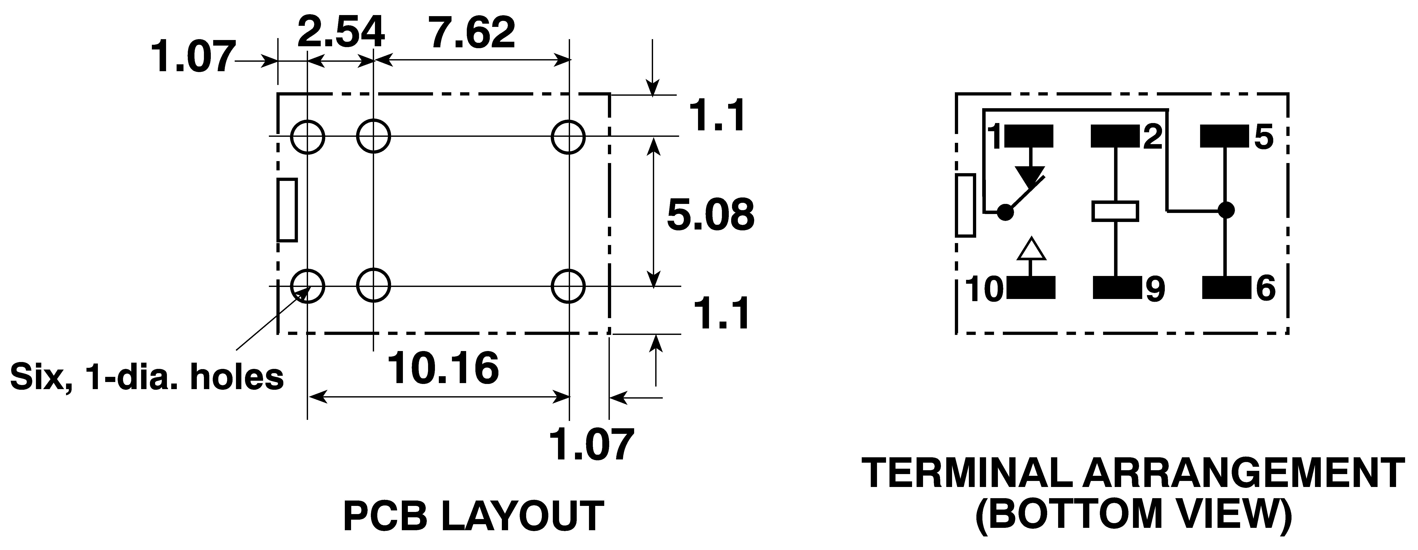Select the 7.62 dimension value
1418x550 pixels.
point(472,33)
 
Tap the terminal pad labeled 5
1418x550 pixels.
point(1224,137)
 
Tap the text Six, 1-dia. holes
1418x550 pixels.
point(147,377)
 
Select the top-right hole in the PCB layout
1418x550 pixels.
point(569,136)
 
